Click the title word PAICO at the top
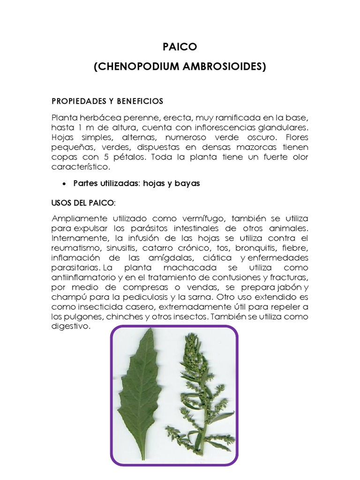click(x=180, y=47)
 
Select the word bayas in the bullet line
click(x=187, y=183)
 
